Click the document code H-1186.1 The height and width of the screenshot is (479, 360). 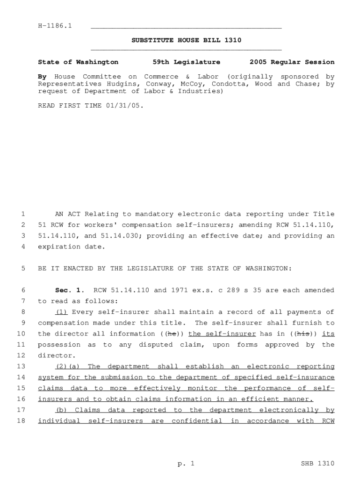point(55,25)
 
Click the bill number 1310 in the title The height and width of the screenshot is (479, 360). point(232,40)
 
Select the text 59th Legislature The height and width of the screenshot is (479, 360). point(186,62)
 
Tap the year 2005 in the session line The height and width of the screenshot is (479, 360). point(258,62)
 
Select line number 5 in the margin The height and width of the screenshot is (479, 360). point(23,269)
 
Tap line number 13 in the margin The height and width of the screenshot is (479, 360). point(21,367)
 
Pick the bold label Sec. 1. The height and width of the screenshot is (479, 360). point(65,290)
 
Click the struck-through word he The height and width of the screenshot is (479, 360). point(172,334)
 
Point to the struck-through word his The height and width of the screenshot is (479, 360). point(304,334)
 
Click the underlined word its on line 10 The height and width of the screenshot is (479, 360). point(329,334)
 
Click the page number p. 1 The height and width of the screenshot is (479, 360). point(185,464)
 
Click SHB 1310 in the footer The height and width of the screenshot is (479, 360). point(317,464)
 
